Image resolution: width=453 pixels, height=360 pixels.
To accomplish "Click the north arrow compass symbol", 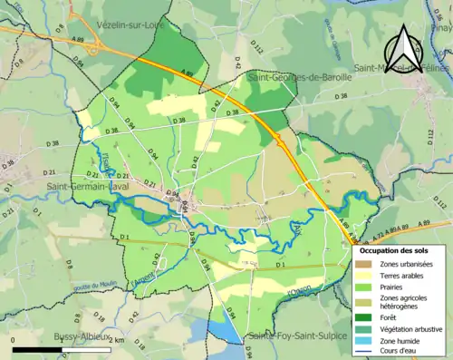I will coord(405,44).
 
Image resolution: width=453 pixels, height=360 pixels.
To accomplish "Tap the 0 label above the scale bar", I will coord(14,339).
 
